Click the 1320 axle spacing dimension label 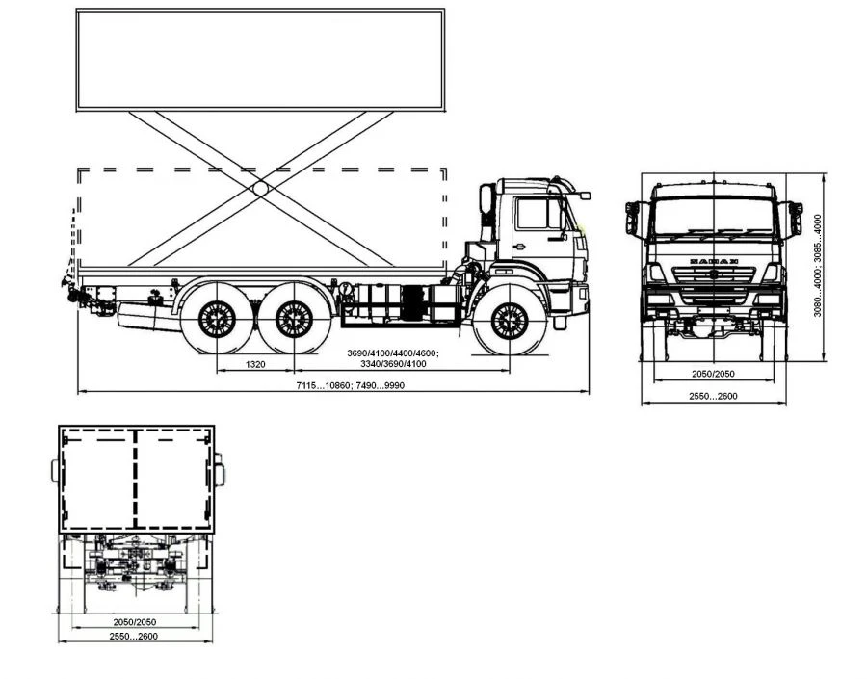255,364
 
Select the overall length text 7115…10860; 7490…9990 350,385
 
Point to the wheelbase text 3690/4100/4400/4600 393,353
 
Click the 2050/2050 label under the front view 713,374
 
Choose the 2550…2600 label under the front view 713,396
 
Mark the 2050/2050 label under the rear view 134,622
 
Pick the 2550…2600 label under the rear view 133,637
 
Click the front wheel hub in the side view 510,322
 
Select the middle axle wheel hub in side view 294,319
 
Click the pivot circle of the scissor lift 260,188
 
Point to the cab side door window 532,214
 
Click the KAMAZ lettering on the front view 714,261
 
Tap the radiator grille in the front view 714,285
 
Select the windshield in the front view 714,217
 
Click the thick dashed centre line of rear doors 135,480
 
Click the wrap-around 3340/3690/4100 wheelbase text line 393,364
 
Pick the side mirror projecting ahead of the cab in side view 585,196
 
